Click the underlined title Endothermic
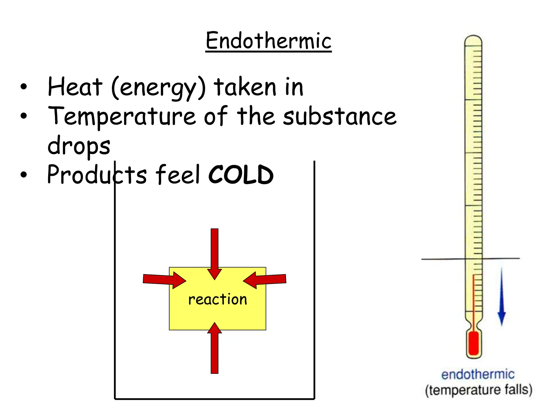pos(268,41)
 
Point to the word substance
pos(340,116)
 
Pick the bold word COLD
pos(241,175)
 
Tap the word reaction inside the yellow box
pos(217,299)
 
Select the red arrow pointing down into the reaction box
pos(214,253)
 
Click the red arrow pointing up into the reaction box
pos(214,350)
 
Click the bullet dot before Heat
pos(24,87)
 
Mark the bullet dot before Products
pos(24,175)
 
